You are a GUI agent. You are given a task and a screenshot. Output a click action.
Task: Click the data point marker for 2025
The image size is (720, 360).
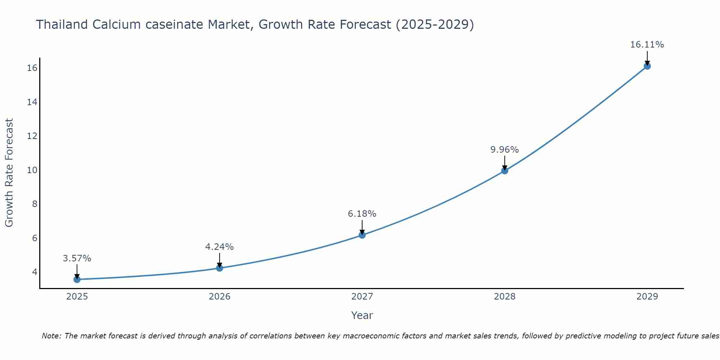pos(77,279)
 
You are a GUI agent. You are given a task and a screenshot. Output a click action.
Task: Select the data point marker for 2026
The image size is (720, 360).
pos(220,268)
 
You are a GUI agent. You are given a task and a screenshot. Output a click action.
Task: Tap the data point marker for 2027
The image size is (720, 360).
pos(362,235)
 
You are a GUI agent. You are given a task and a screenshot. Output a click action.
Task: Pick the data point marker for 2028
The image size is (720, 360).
pos(505,171)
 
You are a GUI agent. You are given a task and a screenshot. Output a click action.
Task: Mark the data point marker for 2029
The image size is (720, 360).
pos(647,66)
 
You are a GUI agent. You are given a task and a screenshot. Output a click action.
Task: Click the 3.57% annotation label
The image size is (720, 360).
pos(77,258)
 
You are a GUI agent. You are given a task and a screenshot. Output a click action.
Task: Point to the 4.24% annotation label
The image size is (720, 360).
pos(220,247)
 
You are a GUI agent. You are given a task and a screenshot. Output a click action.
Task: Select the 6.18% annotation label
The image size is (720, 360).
pos(362,214)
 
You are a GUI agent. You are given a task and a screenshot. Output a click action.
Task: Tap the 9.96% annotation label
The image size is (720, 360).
pos(505,150)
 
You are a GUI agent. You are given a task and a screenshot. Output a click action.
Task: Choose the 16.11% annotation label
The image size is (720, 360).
pos(647,45)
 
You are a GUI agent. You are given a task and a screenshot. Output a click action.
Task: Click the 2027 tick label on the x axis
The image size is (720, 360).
pos(362,297)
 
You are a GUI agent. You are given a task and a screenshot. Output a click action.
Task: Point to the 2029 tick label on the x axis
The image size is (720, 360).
pos(647,297)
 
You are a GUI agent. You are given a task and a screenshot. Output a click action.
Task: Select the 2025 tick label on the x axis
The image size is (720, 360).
pos(77,297)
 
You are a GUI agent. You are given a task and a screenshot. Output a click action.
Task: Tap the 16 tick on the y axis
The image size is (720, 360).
pos(32,68)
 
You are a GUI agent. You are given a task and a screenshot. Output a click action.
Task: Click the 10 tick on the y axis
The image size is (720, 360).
pos(32,170)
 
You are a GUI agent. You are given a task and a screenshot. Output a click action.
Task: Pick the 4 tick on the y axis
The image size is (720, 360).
pos(35,272)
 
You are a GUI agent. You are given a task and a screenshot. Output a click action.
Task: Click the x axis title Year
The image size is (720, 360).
pos(362,315)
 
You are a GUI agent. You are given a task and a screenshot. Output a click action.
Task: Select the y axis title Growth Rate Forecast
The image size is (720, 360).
pos(9,173)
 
